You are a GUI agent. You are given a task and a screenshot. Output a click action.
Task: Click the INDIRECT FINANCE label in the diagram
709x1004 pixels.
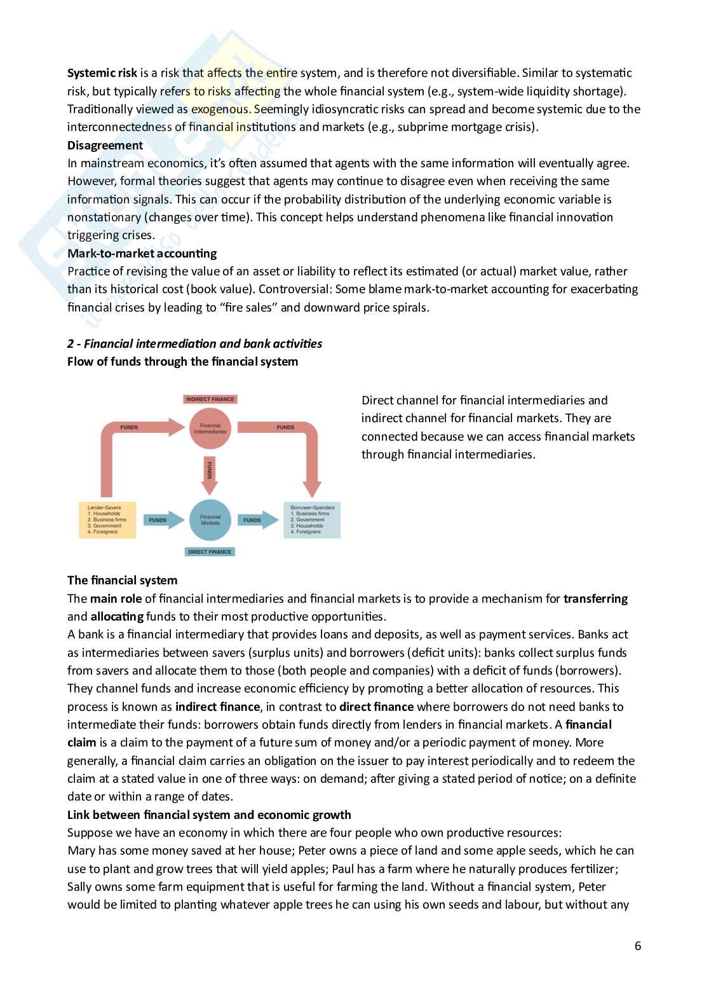point(210,399)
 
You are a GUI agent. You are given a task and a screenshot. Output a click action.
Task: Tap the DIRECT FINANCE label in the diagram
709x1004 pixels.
point(210,551)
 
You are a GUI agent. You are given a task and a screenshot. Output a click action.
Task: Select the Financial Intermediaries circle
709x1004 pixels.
point(210,429)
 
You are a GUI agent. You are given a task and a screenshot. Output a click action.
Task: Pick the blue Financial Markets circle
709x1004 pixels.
point(210,519)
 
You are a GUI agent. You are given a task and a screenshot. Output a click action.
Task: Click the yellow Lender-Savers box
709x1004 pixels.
point(107,519)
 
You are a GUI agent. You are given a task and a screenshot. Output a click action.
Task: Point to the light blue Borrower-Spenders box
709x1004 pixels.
point(312,519)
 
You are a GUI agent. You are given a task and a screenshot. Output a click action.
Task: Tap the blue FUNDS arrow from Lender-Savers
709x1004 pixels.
point(159,520)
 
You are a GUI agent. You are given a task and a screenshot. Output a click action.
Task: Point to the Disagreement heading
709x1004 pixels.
point(105,145)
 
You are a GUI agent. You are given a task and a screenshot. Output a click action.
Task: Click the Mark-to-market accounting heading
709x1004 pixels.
point(142,253)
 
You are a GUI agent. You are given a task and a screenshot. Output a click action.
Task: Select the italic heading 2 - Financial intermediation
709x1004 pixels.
point(194,343)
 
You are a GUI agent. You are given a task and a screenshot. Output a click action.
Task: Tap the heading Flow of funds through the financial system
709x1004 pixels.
point(182,362)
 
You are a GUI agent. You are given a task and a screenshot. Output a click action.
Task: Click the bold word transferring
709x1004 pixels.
point(595,598)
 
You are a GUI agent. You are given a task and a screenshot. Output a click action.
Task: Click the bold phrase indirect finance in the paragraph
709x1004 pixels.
point(217,706)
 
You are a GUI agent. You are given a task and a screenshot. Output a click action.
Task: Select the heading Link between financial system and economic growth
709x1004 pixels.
point(209,815)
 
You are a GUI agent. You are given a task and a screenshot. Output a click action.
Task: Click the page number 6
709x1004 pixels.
point(637,946)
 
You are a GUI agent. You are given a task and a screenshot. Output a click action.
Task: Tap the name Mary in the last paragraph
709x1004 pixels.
point(81,851)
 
